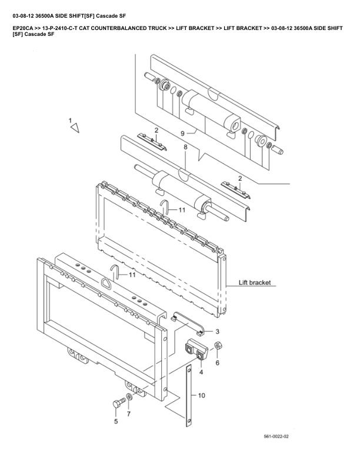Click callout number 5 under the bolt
click(116, 421)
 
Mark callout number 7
click(129, 415)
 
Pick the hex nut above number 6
click(217, 345)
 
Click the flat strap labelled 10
click(189, 395)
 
